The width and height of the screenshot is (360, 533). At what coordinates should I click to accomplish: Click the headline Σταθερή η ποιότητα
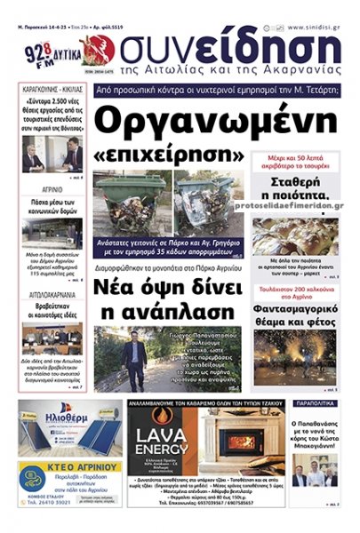point(293,196)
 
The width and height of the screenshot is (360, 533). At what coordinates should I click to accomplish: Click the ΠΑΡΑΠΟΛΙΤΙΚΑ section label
point(314,403)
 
